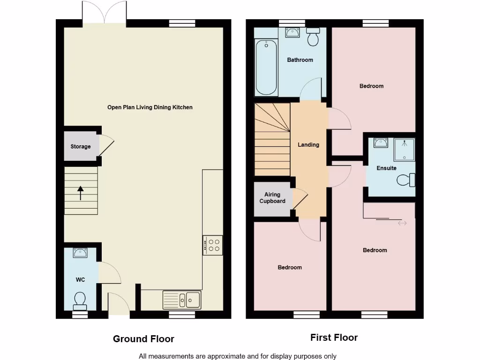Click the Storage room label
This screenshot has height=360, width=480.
[81, 147]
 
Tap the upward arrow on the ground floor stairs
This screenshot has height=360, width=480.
[80, 193]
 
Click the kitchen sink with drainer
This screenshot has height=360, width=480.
[182, 298]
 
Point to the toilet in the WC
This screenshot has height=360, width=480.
[80, 300]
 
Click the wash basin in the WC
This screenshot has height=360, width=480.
[80, 253]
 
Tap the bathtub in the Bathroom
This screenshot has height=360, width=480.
[266, 67]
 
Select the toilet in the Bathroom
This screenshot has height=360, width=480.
[313, 37]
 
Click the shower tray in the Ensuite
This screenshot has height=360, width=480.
[404, 150]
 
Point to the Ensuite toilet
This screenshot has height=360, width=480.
[406, 180]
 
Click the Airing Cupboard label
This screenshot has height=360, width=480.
[272, 198]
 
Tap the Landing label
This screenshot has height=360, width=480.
[308, 145]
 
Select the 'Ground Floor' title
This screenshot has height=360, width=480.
[143, 339]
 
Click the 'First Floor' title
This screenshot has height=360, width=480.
[334, 337]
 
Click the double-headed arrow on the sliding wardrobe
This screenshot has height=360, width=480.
[402, 223]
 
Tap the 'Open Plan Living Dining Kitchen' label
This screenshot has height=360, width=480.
[150, 107]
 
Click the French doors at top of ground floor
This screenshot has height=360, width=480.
[104, 13]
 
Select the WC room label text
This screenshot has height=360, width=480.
[80, 280]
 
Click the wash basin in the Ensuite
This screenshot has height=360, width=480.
[380, 142]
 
